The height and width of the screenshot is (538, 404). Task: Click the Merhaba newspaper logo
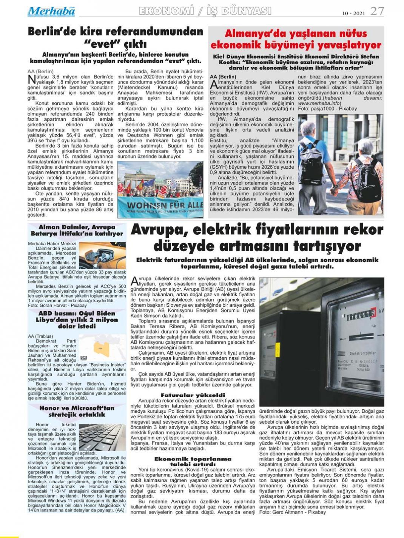[51, 11]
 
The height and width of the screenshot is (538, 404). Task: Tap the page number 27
[377, 11]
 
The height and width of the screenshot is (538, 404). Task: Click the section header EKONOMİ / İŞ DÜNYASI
[205, 11]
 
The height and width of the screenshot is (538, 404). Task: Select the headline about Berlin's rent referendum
[115, 37]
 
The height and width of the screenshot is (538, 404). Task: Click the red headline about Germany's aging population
[296, 39]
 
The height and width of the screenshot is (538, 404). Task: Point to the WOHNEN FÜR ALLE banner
[160, 205]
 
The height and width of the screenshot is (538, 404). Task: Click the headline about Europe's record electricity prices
[257, 238]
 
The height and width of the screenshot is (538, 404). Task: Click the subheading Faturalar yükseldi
[193, 395]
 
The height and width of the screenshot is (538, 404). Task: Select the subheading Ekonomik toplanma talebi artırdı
[193, 461]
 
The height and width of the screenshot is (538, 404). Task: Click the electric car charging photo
[102, 255]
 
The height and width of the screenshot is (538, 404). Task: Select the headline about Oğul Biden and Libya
[77, 320]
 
